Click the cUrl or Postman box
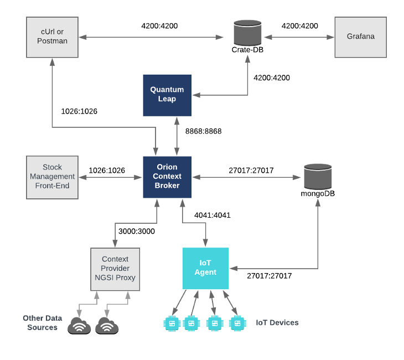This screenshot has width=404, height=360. coord(53,37)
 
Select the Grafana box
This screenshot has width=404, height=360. coord(360,37)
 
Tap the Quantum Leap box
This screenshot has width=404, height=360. coord(167,95)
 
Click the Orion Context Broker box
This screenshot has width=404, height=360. coord(167,177)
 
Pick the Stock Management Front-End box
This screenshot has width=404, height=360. coord(53,177)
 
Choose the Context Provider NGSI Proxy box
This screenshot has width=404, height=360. coord(115,269)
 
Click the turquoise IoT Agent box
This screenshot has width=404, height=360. coord(205,268)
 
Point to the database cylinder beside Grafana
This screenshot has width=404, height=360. coord(248,33)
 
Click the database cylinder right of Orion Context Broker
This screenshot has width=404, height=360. coord(318,177)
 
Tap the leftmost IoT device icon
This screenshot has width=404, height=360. coord(172,323)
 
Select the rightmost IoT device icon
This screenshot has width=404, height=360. coord(237,323)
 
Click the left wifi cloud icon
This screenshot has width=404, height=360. coord(79,327)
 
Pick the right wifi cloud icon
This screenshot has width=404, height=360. coord(107,327)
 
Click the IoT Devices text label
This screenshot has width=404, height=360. coord(277,322)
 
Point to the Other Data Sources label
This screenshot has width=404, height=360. coord(42,322)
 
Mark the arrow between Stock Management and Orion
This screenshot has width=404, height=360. coord(110,177)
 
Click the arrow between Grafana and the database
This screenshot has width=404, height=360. coord(299,37)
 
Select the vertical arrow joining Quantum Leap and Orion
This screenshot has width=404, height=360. coord(177,136)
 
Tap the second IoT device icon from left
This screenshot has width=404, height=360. coord(191,323)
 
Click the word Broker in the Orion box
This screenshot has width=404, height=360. coord(167,186)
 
